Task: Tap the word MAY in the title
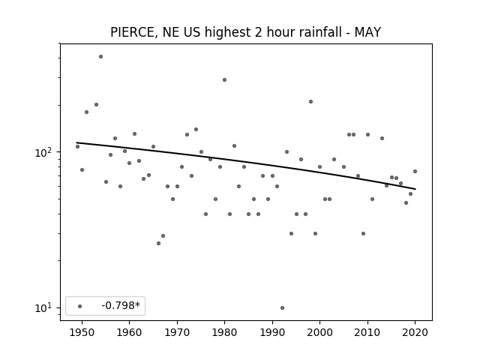[367, 32]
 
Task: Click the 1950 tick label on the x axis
[82, 332]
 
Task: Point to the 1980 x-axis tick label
[224, 332]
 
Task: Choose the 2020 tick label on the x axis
[415, 332]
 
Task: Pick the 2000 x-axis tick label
[319, 332]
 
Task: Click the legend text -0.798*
[121, 305]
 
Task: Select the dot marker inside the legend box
[80, 306]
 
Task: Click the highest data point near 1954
[100, 57]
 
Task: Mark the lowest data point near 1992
[282, 307]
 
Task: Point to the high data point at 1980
[224, 80]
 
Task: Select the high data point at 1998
[310, 102]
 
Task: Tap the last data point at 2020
[415, 172]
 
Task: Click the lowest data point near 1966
[158, 243]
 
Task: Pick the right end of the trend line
[415, 189]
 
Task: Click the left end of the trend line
[76, 142]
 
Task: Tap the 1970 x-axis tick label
[177, 332]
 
